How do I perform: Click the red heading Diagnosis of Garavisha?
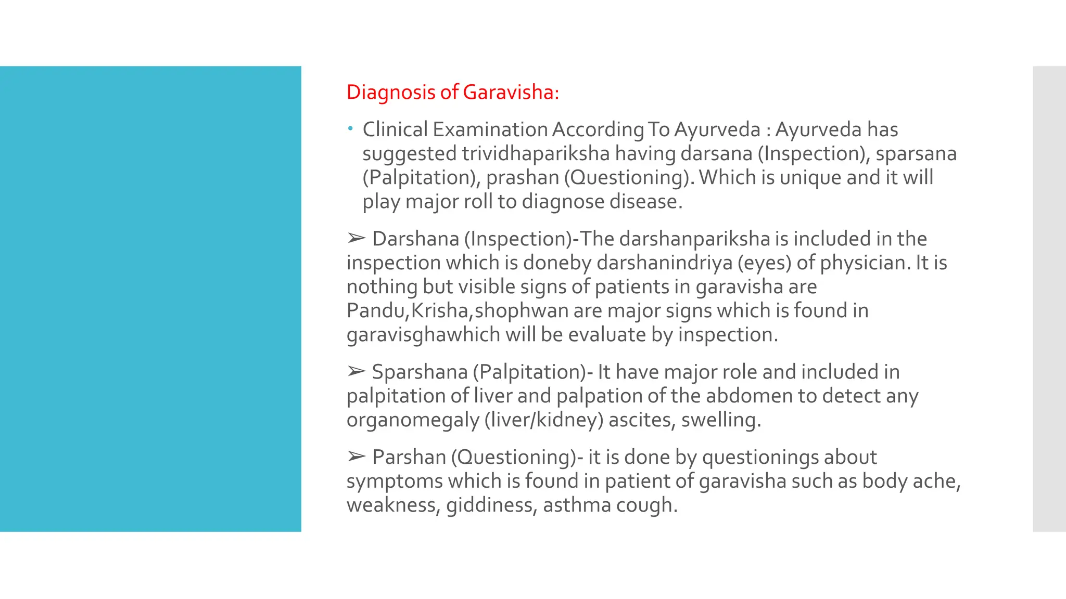coord(452,92)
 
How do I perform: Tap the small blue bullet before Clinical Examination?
coord(351,128)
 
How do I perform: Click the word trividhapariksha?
coord(536,153)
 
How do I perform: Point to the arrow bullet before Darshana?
coord(357,238)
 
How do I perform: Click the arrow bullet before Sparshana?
coord(357,371)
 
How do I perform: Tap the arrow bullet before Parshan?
coord(357,457)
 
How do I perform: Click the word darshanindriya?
coord(664,263)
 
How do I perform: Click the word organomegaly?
coord(413,420)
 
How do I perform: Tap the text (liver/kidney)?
coord(543,420)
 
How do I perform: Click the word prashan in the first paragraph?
coord(522,177)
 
